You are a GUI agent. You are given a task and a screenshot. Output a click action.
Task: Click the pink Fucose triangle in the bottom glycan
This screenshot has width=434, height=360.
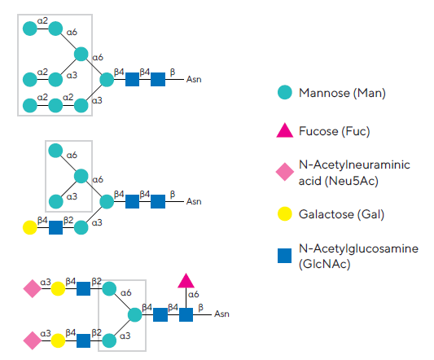pos(186,281)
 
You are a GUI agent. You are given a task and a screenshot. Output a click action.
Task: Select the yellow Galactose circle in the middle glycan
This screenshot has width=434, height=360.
pos(30,227)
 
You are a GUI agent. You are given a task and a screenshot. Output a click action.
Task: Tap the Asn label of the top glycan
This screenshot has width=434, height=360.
pos(194,80)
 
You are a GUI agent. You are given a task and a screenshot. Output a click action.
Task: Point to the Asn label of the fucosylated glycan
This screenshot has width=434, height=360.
pos(221,314)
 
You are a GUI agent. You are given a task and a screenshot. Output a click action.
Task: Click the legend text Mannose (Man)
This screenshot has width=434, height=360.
pos(342,93)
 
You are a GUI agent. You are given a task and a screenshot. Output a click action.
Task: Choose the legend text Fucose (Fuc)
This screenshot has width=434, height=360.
pos(335,131)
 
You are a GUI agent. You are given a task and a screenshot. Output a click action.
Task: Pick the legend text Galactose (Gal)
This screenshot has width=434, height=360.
pos(341,214)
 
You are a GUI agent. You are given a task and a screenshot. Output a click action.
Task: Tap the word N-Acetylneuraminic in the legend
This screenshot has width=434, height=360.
pos(354,165)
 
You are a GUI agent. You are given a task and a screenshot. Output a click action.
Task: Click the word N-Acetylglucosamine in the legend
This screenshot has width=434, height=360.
pos(358,248)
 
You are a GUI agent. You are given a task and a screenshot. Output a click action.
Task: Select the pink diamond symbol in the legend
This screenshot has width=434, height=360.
pos(285,172)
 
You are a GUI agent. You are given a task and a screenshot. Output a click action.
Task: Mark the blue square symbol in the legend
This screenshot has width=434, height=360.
pos(284,256)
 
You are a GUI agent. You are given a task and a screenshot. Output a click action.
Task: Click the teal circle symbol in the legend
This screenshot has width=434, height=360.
pos(285,92)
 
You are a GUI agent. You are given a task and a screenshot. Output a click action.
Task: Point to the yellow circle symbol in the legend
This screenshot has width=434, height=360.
pos(285,213)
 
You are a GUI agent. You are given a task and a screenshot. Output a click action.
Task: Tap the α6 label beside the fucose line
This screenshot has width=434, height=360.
pos(194,294)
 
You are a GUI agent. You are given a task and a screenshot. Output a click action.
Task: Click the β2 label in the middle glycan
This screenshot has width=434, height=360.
pos(68,220)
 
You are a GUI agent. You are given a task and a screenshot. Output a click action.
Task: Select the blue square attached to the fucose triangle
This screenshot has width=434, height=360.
pos(186,314)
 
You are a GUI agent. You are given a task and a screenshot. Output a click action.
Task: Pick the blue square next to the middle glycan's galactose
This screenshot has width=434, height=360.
pos(55,227)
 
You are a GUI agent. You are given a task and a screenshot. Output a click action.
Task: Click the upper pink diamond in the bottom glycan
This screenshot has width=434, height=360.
pos(33,288)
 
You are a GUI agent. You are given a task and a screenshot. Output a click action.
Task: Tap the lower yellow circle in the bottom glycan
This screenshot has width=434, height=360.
pos(58,340)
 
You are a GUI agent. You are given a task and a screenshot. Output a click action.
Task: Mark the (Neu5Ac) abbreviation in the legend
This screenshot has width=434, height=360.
pos(352,181)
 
